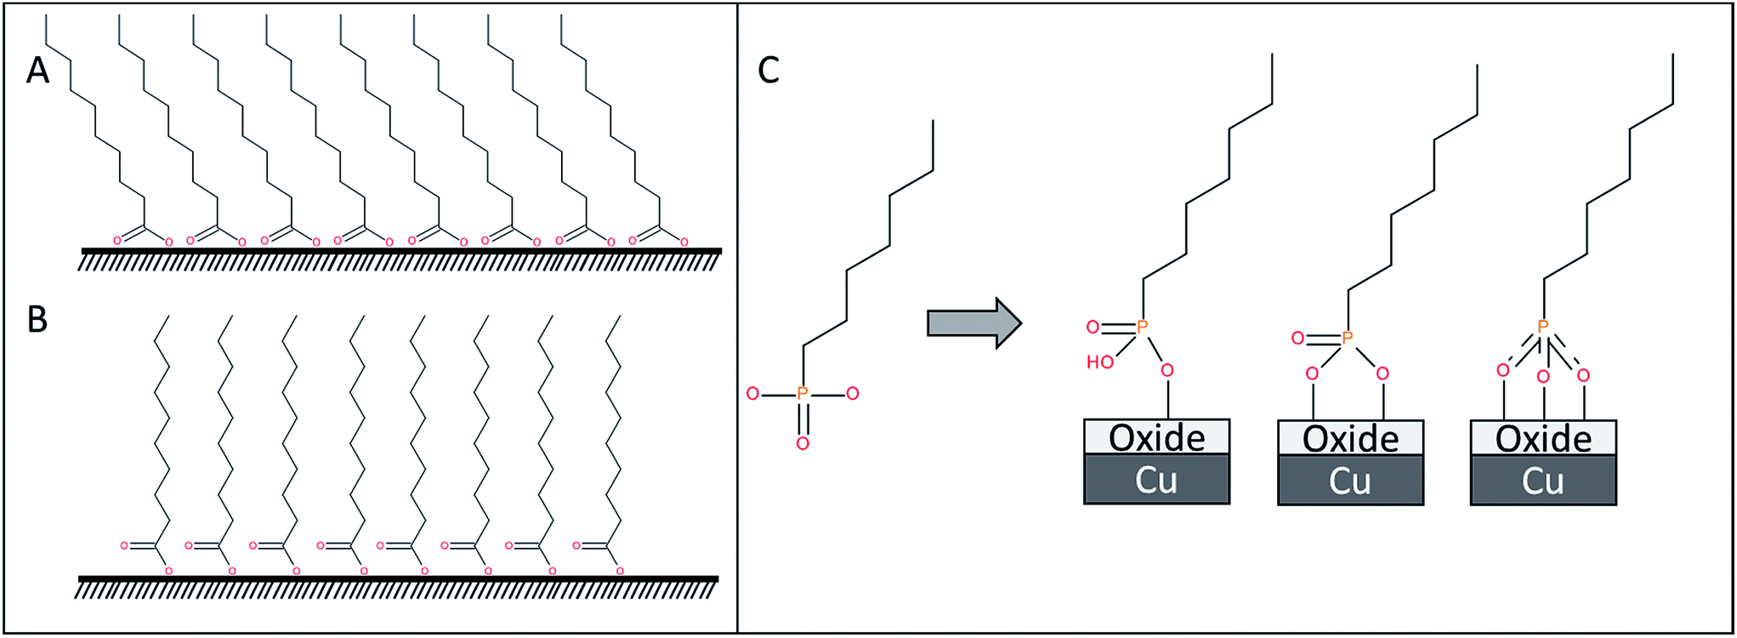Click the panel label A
click(38, 70)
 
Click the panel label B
click(37, 319)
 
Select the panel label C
click(768, 71)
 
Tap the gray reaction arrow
click(973, 323)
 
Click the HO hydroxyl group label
click(1099, 362)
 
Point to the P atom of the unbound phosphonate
click(802, 393)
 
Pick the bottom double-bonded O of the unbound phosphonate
click(802, 443)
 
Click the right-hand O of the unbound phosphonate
click(852, 393)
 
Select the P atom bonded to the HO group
click(1142, 327)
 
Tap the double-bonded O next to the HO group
click(1093, 327)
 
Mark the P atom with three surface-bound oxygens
click(1542, 327)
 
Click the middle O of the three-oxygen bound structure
click(1543, 377)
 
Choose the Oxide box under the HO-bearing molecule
click(1156, 437)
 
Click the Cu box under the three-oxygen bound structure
click(1542, 481)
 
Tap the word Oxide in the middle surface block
click(1350, 439)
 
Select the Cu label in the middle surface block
click(1349, 481)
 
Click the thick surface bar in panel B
click(398, 579)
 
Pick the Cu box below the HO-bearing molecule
click(1156, 480)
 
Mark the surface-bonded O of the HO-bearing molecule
click(1167, 371)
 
